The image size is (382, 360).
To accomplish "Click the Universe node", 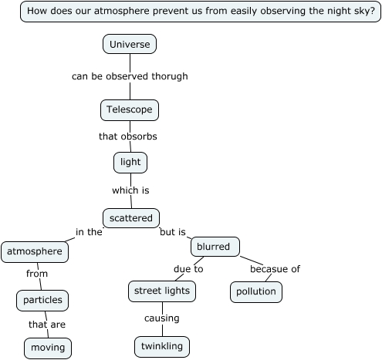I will point(130,45).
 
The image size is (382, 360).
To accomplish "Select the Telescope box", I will point(130,110).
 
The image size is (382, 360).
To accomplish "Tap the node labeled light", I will point(130,163).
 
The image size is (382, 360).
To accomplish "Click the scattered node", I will point(131,218).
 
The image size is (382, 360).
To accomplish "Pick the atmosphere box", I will point(35,251).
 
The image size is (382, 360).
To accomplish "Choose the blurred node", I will point(215,247).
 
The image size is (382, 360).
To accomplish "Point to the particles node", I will point(42,300).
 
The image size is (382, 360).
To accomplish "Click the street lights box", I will point(161,291).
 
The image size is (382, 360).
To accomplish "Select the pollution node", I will point(256,292).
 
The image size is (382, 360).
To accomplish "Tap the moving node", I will point(48,348).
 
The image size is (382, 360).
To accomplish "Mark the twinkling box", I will point(162,346).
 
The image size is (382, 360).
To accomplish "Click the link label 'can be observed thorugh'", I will point(130,76).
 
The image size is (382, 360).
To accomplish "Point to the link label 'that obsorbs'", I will point(128,136).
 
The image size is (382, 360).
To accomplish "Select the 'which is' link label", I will point(130,190).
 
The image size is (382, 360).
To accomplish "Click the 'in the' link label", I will point(89,231).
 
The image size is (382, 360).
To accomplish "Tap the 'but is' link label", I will point(173,231).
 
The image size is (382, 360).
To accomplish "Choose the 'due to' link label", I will point(188,269).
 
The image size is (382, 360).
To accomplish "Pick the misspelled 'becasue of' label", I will point(275,269).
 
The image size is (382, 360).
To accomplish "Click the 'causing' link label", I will point(161,318).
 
